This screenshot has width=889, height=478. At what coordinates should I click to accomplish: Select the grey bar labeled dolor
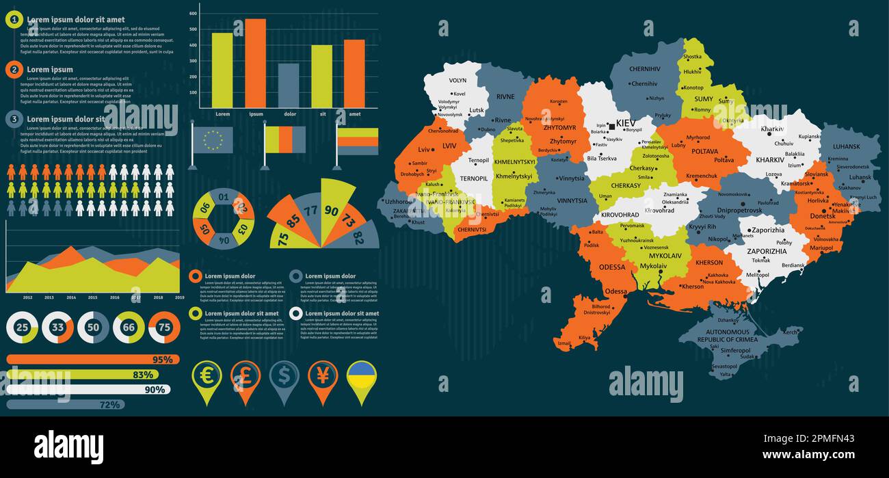coord(288,85)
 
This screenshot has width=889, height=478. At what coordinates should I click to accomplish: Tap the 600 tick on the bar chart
coord(194,14)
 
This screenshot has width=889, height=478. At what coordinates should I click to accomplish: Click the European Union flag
coord(213,140)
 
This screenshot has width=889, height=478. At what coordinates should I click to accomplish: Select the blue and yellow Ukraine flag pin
coord(362,378)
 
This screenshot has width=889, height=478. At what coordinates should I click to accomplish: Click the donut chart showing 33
coord(57,328)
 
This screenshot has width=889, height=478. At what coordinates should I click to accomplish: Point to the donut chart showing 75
coord(164,328)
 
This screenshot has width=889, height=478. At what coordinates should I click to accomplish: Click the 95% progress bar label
coord(162,360)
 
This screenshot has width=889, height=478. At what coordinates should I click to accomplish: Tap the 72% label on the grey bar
coord(109,405)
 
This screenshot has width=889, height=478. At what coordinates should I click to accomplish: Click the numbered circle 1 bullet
coord(14,20)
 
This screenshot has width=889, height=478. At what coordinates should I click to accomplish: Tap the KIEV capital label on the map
coord(626,123)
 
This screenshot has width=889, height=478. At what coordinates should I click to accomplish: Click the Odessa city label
coord(615,291)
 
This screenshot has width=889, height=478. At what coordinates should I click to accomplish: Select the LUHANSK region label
coord(846,146)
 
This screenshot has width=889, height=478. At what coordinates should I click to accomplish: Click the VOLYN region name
coord(457,81)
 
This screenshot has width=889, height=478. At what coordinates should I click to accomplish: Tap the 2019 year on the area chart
coord(179,297)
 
